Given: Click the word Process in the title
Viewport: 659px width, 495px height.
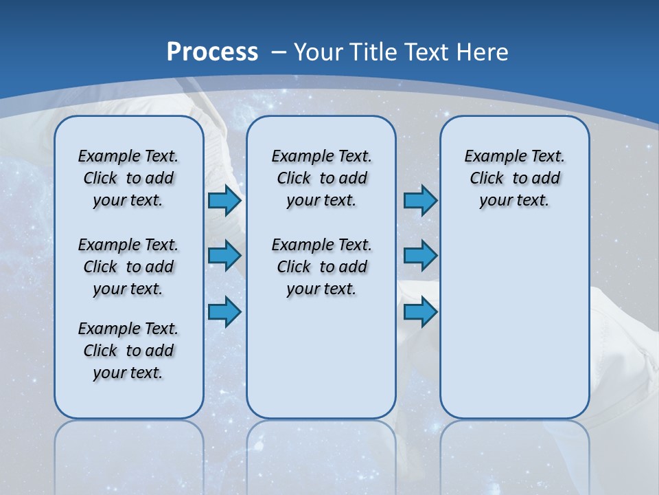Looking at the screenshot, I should pos(212,52).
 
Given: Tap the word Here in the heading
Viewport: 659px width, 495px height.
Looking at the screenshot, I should pos(483,52).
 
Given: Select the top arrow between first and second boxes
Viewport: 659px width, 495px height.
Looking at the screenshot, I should pos(224,200).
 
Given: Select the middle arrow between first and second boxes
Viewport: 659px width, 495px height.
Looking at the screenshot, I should pos(224,256).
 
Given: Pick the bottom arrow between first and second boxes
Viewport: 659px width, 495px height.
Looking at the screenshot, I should pos(224,312).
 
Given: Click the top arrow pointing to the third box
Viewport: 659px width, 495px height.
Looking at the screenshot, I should pos(420,200).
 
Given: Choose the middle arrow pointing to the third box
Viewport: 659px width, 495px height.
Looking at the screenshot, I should pos(420,256).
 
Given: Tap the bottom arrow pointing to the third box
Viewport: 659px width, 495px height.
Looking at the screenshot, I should pos(420,312).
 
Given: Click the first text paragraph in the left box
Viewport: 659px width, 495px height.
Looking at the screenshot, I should pos(128,178).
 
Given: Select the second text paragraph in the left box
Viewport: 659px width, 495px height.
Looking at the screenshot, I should pos(128,267).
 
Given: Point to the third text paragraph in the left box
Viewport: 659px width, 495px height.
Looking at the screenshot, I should pos(128,351).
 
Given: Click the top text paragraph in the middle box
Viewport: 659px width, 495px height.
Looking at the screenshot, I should pos(321,178).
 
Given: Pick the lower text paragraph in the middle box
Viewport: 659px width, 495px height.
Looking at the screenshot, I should pos(321,267).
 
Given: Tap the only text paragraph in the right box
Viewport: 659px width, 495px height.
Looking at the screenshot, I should pos(514,178).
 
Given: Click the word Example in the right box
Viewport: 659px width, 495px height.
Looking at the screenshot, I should pos(489,156).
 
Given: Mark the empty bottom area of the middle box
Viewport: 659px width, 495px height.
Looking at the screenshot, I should pos(321,364).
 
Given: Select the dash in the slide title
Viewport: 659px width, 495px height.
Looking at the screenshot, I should pos(279,52).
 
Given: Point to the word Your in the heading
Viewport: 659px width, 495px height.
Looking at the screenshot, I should pos(319,52).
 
